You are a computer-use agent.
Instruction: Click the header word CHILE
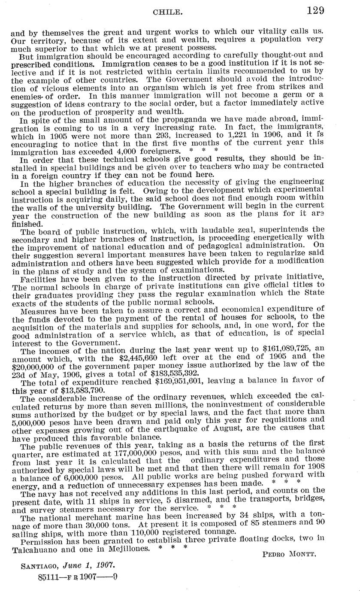click(x=165, y=12)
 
